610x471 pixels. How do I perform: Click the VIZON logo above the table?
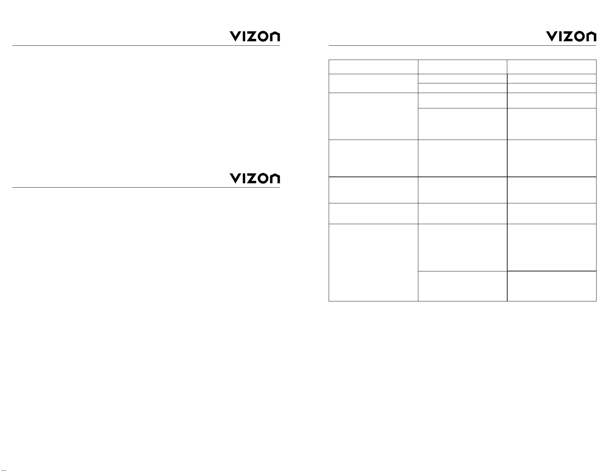pyautogui.click(x=571, y=37)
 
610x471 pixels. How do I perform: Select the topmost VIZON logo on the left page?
pyautogui.click(x=255, y=37)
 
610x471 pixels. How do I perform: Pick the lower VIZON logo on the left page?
pyautogui.click(x=255, y=178)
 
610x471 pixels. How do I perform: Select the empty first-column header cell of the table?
pyautogui.click(x=373, y=67)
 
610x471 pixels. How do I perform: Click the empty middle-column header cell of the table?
pyautogui.click(x=463, y=67)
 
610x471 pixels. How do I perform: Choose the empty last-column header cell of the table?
pyautogui.click(x=552, y=67)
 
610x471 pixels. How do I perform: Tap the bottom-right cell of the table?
pyautogui.click(x=552, y=286)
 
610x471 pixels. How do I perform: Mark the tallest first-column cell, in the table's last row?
pyautogui.click(x=373, y=262)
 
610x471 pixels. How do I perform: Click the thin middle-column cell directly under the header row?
pyautogui.click(x=463, y=79)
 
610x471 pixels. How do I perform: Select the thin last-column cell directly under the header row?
pyautogui.click(x=552, y=79)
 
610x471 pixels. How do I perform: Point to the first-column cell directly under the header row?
pyautogui.click(x=373, y=83)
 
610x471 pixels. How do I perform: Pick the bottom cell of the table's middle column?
pyautogui.click(x=463, y=286)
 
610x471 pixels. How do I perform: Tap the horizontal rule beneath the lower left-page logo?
pyautogui.click(x=146, y=188)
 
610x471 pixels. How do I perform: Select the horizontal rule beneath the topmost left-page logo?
pyautogui.click(x=146, y=46)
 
